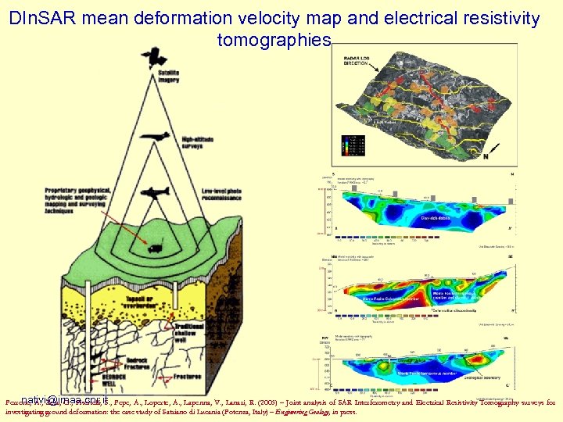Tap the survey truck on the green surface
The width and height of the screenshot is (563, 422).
click(x=156, y=249)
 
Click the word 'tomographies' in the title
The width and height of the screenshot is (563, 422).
click(x=274, y=39)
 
